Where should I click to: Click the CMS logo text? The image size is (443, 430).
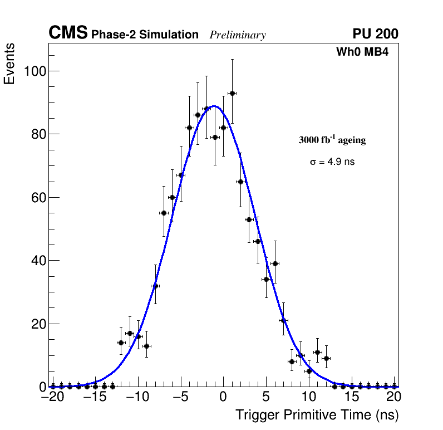point(68,33)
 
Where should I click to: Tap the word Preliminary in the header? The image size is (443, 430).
point(238,35)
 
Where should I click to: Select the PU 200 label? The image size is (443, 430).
point(375,34)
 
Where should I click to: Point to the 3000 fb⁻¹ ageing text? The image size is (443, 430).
point(332,140)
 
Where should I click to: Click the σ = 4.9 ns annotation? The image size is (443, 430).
point(332,162)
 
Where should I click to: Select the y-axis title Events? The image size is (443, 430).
point(9,65)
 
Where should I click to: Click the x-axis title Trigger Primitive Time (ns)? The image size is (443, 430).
point(317,415)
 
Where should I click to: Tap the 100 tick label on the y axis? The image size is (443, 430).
point(35,71)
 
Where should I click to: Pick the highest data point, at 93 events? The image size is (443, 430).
point(232,93)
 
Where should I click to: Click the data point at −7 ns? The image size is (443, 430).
point(164,213)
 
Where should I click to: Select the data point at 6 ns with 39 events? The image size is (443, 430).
point(275,263)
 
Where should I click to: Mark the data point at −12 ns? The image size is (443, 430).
point(121,343)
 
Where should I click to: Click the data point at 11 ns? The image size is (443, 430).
point(318,352)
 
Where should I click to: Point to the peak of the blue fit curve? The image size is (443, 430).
point(214,106)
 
